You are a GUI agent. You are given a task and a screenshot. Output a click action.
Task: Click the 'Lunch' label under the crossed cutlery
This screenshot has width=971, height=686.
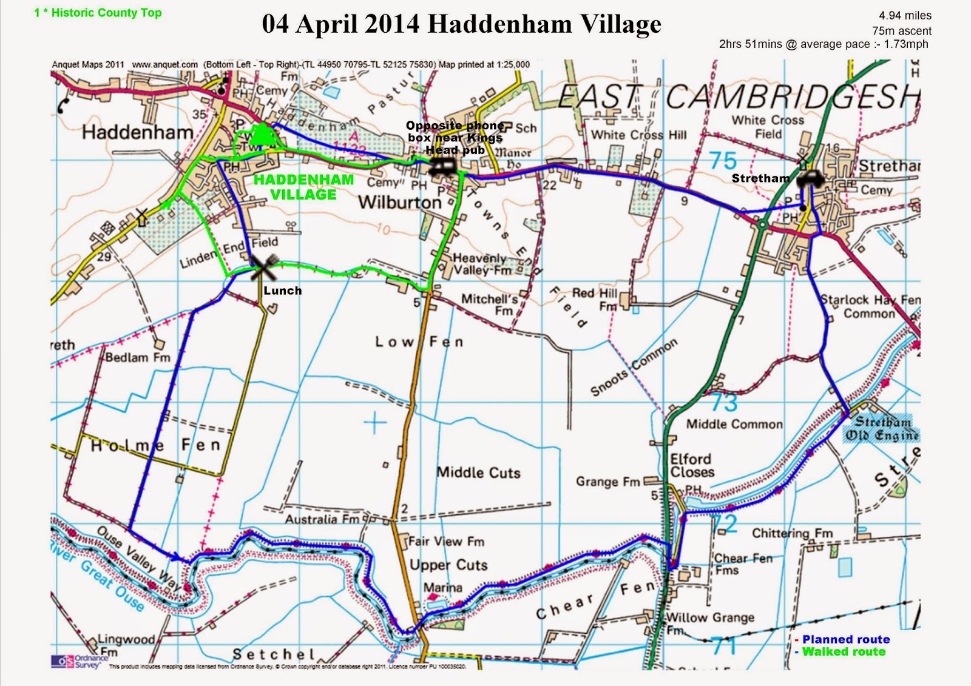point(282,291)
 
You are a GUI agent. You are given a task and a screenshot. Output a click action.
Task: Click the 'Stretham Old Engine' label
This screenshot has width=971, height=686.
point(882,428)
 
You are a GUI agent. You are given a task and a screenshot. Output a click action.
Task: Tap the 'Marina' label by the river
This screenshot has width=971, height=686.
point(442,588)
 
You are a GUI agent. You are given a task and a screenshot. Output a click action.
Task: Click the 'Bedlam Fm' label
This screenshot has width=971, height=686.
point(138,357)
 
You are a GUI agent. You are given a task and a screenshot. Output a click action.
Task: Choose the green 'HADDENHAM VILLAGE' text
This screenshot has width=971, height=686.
point(303,187)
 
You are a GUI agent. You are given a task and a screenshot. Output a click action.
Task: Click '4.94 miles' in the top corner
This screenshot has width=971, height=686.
point(905,16)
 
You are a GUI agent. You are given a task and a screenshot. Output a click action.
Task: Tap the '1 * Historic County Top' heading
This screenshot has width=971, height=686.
point(98,13)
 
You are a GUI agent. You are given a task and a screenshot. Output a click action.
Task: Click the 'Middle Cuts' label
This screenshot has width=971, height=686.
point(478,472)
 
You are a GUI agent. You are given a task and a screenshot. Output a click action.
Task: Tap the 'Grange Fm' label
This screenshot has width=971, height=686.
point(607,482)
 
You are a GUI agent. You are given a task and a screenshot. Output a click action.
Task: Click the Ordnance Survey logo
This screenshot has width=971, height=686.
point(76,661)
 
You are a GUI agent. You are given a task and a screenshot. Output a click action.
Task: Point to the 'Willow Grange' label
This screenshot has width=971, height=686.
point(710,618)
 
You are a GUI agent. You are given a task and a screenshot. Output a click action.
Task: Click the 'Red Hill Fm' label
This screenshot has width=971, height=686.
point(595,299)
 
